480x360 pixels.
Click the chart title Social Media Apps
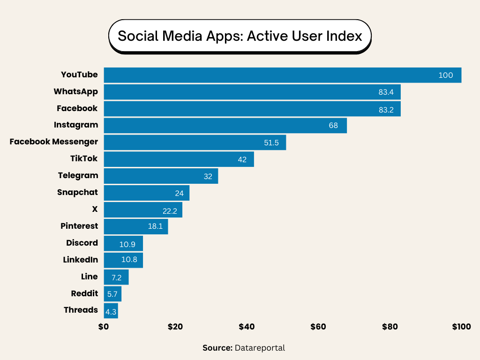point(240,36)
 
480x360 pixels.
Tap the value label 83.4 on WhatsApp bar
point(386,92)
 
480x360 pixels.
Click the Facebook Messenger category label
point(54,142)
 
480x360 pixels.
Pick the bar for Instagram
point(225,126)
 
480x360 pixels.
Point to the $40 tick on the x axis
point(247,327)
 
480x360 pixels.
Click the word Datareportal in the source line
point(260,348)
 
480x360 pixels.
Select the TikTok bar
point(179,159)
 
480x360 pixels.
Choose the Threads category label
point(81,310)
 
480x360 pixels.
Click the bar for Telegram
point(161,176)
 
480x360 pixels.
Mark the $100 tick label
point(461,327)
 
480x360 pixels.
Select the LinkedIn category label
point(81,260)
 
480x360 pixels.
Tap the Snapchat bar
point(146,193)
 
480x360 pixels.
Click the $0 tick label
point(104,327)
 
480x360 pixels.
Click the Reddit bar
point(112,294)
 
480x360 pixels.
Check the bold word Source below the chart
point(217,348)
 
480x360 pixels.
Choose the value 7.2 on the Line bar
point(117,277)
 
